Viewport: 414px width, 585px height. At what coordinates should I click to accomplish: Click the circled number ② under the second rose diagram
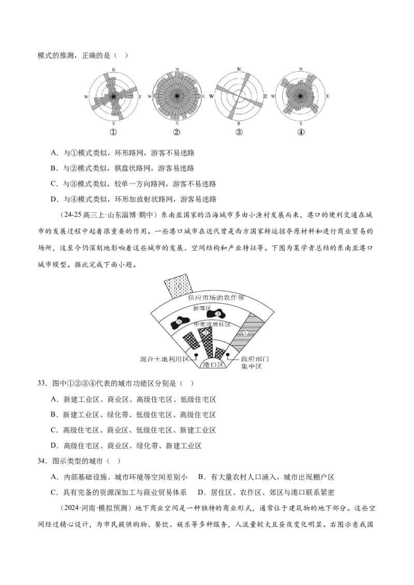[176, 132]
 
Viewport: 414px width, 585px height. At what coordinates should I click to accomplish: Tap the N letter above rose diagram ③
[239, 69]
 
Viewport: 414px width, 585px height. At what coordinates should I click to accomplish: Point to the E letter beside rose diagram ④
[328, 96]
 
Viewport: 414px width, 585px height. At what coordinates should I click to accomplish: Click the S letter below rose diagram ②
[177, 123]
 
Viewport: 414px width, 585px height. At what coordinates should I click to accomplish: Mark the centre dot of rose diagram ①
[113, 96]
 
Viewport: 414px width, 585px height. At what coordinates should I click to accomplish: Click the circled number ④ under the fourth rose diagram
[301, 132]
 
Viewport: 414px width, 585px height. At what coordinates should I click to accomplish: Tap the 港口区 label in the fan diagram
[213, 364]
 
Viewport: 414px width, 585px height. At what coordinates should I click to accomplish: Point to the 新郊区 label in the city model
[202, 308]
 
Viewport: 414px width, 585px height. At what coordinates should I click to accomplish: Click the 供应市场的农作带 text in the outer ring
[216, 298]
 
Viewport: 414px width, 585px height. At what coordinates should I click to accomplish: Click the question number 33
[42, 383]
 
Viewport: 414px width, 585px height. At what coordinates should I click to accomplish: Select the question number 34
[42, 461]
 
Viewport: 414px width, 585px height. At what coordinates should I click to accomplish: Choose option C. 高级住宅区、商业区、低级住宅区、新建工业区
[134, 430]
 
